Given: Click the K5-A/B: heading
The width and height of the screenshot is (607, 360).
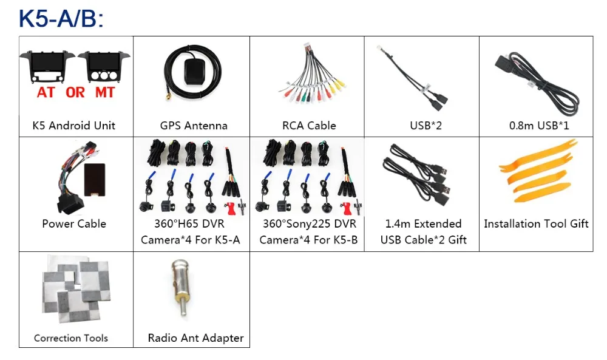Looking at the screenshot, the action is tap(61, 19).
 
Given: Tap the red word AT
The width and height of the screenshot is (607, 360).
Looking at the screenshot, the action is tap(46, 92).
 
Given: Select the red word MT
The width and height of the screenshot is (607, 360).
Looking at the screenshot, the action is tap(105, 92).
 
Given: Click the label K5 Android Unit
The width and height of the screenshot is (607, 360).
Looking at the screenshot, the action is tap(73, 126).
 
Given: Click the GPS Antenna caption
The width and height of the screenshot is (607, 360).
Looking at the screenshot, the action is tap(194, 126).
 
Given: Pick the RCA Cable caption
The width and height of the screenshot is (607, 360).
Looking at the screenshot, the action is tap(309, 126).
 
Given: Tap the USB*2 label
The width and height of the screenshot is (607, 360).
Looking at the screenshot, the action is tap(426, 126).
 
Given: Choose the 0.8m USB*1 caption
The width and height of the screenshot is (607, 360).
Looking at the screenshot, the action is tap(539, 126).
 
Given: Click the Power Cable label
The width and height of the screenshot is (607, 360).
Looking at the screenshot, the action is tap(74, 224).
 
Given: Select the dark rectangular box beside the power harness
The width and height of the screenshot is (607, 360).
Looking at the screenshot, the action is tap(95, 180).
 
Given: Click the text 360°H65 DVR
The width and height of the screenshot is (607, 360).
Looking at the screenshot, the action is tap(189, 224).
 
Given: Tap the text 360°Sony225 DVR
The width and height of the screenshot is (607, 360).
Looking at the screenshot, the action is tap(310, 224).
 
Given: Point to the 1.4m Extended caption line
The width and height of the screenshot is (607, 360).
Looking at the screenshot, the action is tap(423, 224).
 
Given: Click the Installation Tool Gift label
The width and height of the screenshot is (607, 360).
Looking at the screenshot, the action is tap(536, 224).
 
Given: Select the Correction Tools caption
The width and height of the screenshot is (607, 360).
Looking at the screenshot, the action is tap(71, 338).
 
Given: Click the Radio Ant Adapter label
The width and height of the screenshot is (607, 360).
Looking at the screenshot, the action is tap(196, 338).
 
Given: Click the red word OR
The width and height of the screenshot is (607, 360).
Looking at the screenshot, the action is tap(75, 92).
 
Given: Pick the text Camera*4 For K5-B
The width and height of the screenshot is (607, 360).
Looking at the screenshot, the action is tap(308, 240).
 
